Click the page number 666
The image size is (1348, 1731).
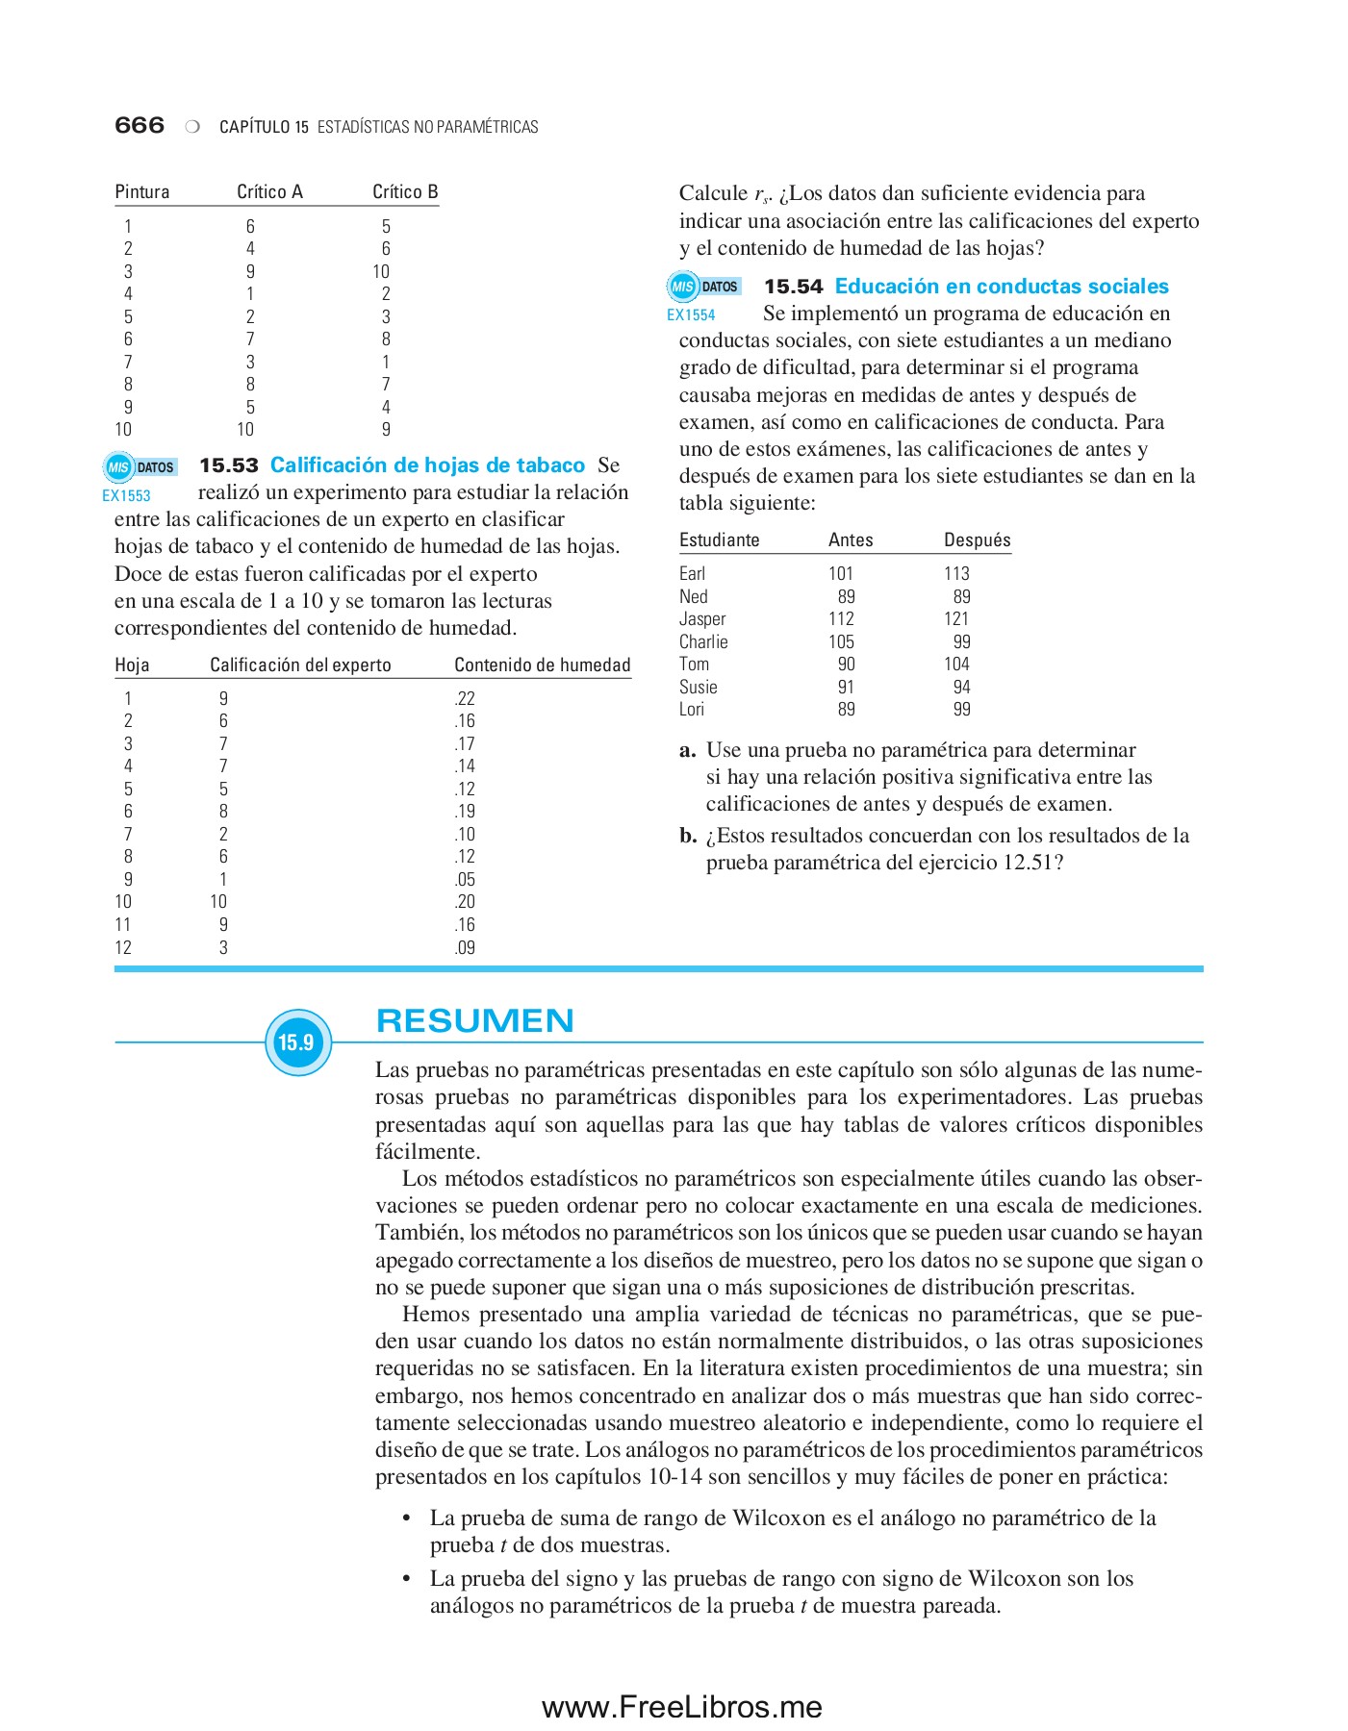coord(140,125)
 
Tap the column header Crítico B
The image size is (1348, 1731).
coord(405,191)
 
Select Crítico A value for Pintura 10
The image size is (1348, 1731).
coord(245,429)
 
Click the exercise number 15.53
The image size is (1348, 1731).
coord(229,465)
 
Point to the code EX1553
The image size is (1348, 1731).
coord(126,496)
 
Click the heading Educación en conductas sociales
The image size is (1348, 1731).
coord(1002,287)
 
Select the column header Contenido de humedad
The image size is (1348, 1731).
coord(542,665)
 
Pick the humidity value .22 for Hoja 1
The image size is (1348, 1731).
coord(465,698)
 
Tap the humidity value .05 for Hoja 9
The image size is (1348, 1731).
coord(465,879)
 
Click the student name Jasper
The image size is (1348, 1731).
coord(702,618)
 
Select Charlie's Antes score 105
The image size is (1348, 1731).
coord(841,641)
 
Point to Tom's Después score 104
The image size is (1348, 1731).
coord(956,664)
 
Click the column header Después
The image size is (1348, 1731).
coord(977,539)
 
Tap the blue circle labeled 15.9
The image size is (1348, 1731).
coord(297,1042)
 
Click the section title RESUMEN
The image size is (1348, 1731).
coord(474,1020)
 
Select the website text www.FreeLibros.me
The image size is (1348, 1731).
coord(681,1707)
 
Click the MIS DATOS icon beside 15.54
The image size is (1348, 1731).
coord(704,287)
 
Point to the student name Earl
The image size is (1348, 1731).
coord(692,573)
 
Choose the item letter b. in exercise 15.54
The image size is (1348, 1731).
coord(687,836)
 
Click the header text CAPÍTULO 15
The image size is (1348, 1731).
coord(264,127)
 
